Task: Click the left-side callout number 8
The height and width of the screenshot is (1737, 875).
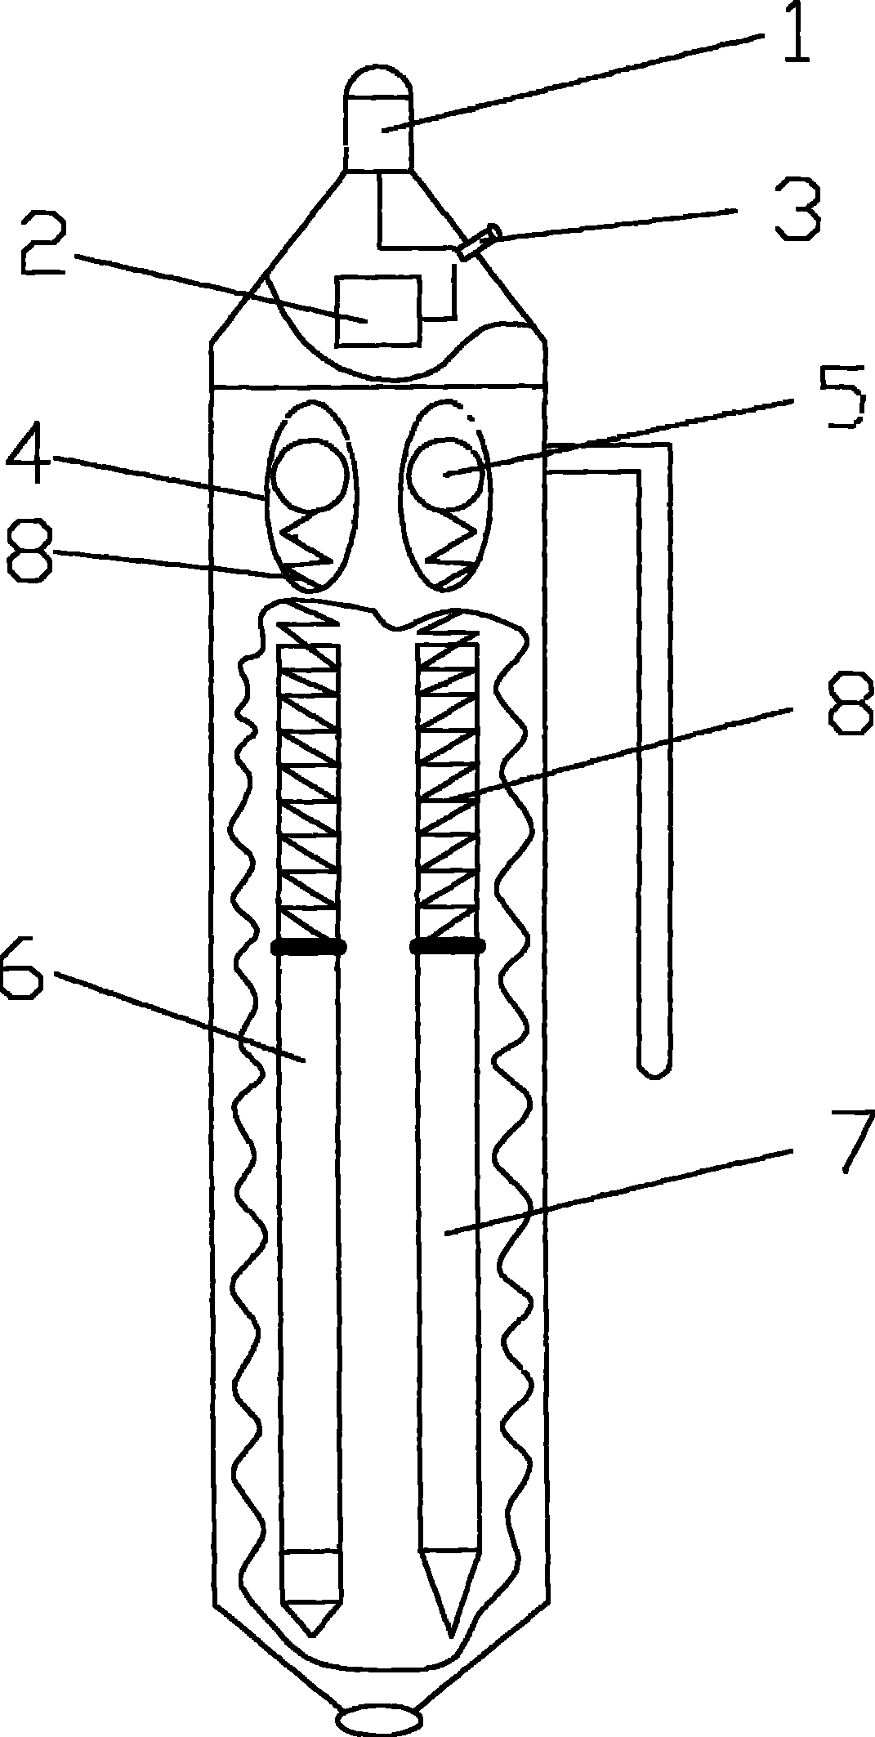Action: tap(30, 553)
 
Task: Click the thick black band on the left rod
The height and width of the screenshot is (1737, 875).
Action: tap(309, 947)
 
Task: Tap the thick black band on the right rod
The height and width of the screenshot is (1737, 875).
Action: tap(447, 947)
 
